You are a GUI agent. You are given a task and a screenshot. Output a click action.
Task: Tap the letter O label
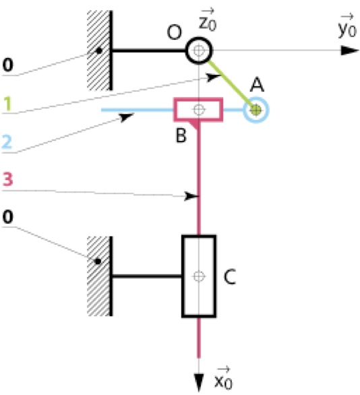click(174, 32)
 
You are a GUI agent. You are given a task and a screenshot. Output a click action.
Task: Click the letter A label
click(257, 85)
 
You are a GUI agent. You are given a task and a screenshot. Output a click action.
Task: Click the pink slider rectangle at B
click(175, 110)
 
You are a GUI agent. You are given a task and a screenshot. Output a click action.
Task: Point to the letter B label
click(181, 135)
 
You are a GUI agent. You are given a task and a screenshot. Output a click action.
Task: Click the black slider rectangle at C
click(183, 276)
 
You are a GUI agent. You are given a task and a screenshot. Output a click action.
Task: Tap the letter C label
click(230, 276)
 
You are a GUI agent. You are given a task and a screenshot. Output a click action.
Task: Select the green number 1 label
click(7, 104)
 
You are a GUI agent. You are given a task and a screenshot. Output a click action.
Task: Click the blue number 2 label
click(7, 142)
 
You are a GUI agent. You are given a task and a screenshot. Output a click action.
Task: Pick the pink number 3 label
click(7, 179)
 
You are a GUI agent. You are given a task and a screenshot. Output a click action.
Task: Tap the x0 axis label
click(224, 378)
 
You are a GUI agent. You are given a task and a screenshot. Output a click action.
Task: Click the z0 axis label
click(208, 20)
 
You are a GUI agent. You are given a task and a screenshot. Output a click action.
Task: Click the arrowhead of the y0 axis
click(350, 51)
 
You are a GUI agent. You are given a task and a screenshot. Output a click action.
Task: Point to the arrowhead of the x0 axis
click(199, 383)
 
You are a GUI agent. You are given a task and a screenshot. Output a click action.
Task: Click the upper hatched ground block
click(98, 50)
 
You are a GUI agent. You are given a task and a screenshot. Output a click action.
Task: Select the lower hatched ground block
click(98, 276)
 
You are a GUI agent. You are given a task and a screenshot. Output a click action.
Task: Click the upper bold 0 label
click(8, 65)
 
